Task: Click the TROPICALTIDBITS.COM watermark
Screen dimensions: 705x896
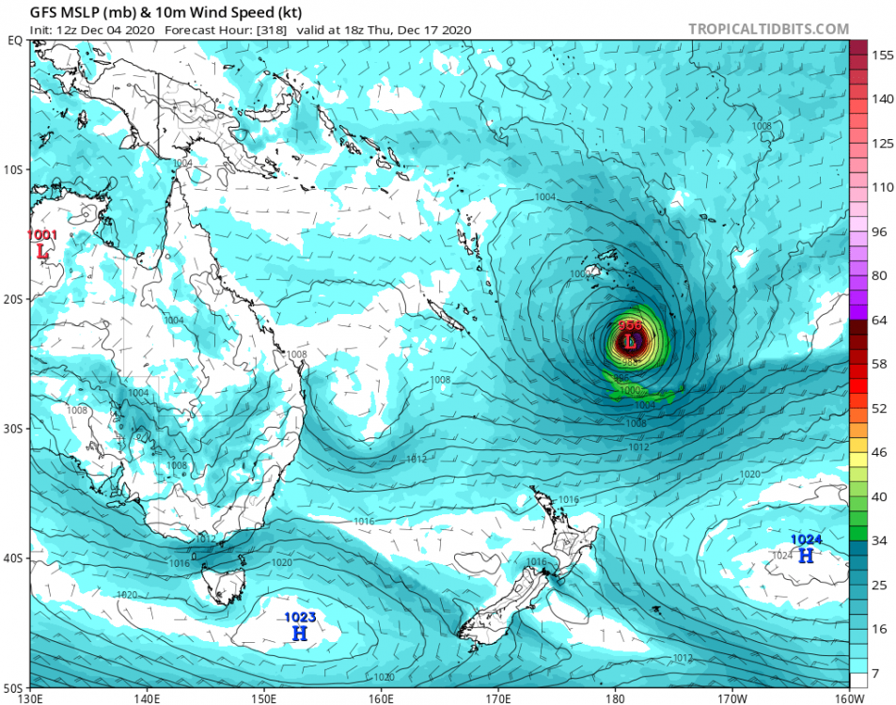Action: [768, 29]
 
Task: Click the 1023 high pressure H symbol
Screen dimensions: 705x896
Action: [300, 634]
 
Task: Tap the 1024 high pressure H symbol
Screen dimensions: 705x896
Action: [806, 556]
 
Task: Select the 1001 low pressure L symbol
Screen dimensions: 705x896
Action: [42, 252]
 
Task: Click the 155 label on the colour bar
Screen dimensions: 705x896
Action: [881, 55]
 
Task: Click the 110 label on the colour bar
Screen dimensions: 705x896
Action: [881, 187]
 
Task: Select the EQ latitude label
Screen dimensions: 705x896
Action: [15, 40]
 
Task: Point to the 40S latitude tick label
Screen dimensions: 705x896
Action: [14, 558]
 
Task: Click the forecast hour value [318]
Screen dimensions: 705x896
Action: [274, 30]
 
